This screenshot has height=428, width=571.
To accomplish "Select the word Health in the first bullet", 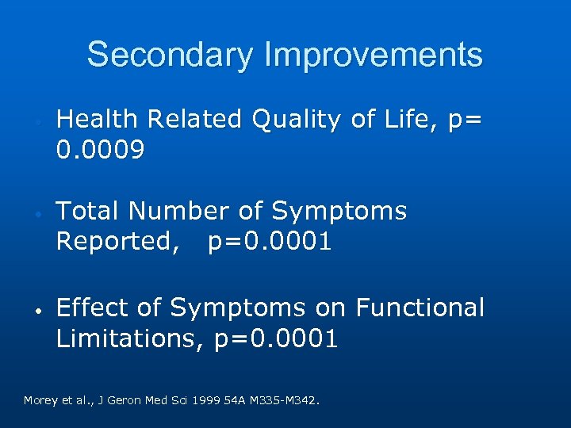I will click(94, 119).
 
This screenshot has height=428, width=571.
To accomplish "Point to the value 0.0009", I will click(100, 149).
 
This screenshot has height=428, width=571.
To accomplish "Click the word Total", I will click(89, 211).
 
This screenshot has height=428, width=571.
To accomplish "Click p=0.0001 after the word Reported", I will click(270, 242).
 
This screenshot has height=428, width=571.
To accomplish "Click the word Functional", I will click(420, 308).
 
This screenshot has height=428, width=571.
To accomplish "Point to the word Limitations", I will click(131, 339).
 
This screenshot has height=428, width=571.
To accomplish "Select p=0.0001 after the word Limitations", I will click(276, 339).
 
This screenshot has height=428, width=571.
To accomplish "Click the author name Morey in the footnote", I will click(40, 400).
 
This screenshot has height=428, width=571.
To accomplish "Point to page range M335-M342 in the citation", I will click(281, 400).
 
